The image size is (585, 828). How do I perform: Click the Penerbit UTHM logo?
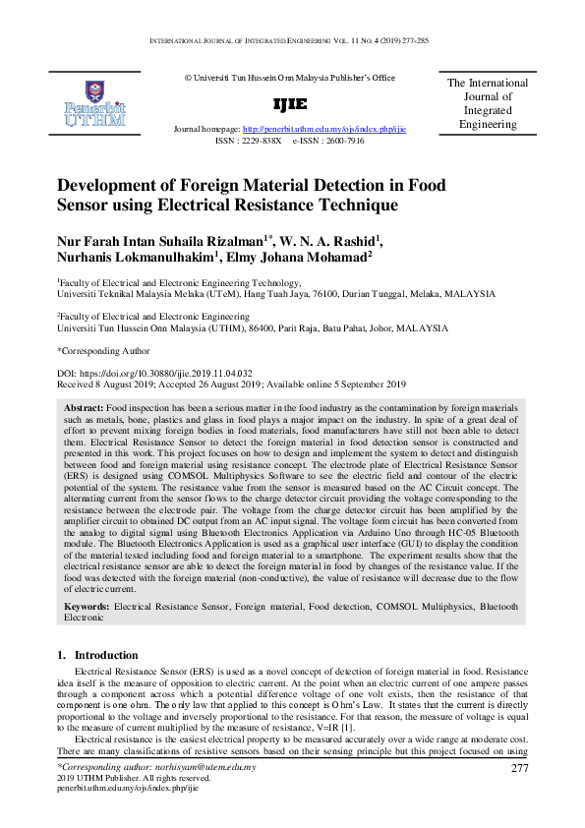coord(93,103)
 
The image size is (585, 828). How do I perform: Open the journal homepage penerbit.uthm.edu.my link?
coord(324,129)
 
